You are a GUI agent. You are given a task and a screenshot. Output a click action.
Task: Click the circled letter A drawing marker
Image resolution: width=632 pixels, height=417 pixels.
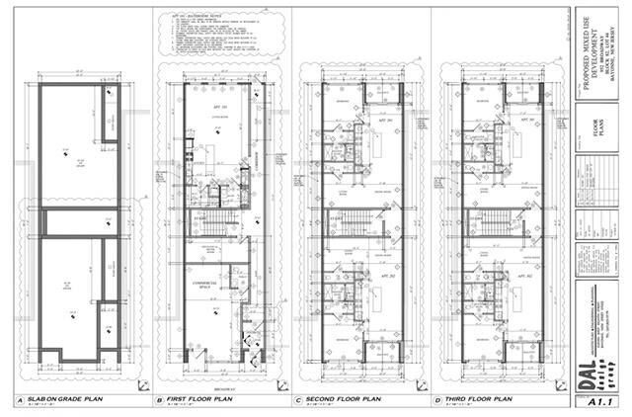[x=19, y=401]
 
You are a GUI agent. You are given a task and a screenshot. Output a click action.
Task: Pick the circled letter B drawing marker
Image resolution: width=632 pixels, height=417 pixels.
[x=160, y=401]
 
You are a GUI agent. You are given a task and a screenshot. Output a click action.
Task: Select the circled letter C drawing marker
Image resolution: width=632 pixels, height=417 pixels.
[x=299, y=401]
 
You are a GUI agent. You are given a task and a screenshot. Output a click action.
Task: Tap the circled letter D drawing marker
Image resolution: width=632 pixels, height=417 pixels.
[x=437, y=401]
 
